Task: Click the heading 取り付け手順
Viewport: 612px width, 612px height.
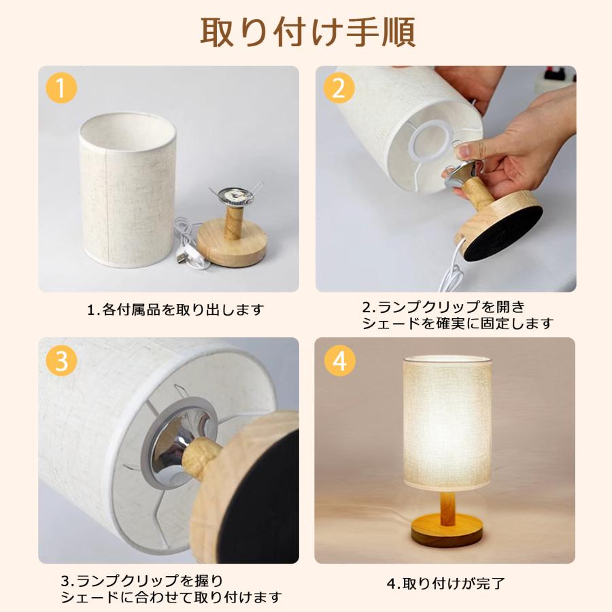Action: tap(307, 32)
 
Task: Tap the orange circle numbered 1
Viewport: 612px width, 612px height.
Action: tap(61, 88)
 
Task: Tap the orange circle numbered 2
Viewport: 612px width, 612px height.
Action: tap(339, 88)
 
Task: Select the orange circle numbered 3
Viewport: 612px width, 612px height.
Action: tap(61, 360)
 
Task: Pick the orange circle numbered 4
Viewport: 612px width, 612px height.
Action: tap(340, 360)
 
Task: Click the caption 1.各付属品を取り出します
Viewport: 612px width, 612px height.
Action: tap(175, 310)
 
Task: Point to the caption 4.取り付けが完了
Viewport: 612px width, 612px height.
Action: tap(445, 583)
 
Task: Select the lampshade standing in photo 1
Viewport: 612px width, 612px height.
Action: tap(128, 190)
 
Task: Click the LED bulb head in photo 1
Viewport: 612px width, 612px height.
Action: tap(234, 195)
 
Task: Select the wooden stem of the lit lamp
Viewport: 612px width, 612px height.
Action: tap(447, 507)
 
